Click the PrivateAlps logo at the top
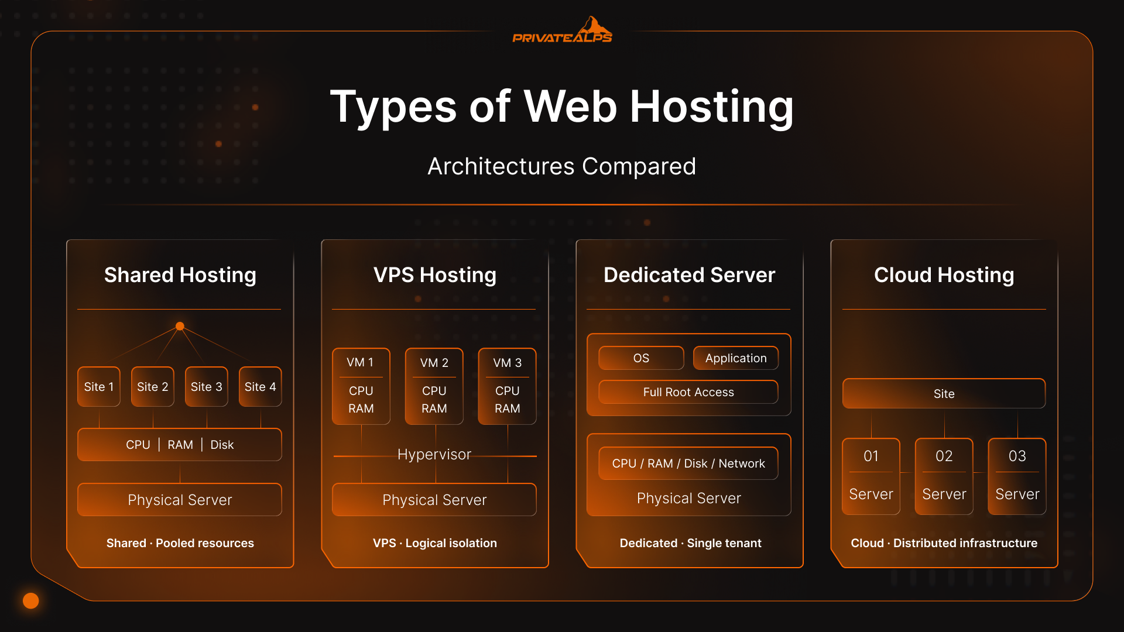pos(562,32)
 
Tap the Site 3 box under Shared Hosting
pos(207,387)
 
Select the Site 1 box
pos(99,387)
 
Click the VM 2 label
pos(434,363)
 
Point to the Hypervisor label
pos(434,455)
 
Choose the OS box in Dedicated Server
pos(641,358)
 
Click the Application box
pos(736,358)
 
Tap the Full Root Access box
pos(688,392)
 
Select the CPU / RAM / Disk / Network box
pos(688,463)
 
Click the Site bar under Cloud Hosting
pos(944,394)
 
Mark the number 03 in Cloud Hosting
pos(1017,456)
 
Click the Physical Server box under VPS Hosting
pos(434,500)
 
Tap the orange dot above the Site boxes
pos(180,326)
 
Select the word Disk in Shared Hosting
pos(222,445)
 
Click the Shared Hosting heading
pos(180,275)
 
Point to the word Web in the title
pos(570,107)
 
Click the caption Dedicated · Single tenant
pos(690,543)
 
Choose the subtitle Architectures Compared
pos(562,167)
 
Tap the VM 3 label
pos(507,363)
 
